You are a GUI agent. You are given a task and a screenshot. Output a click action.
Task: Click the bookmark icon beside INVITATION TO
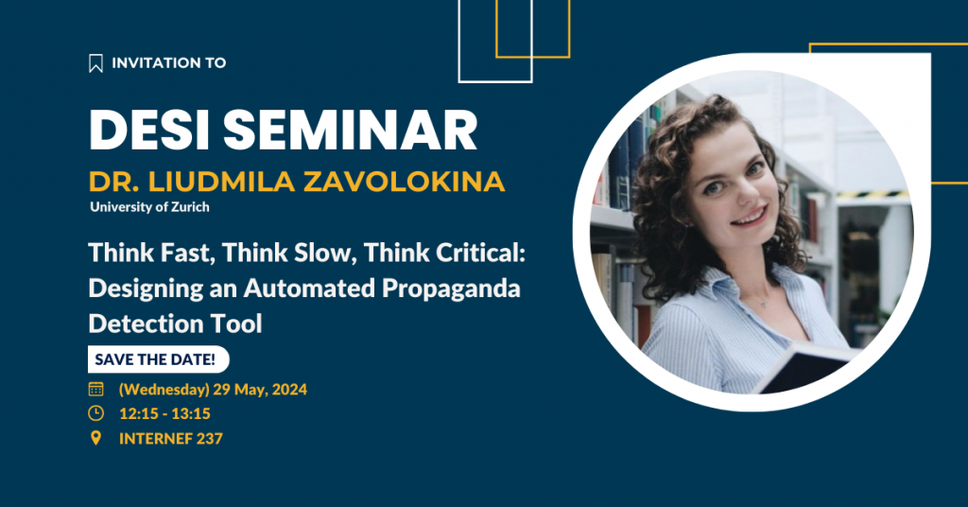(x=95, y=63)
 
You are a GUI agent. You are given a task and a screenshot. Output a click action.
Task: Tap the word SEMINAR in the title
(x=350, y=130)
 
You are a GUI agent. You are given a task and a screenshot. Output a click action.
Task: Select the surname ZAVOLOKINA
(x=404, y=182)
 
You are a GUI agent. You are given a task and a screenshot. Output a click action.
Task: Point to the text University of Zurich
(x=150, y=207)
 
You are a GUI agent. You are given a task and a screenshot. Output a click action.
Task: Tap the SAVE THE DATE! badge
(x=158, y=359)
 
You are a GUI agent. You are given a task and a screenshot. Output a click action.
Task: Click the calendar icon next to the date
(x=95, y=389)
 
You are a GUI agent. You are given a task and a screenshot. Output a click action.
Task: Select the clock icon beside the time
(x=95, y=413)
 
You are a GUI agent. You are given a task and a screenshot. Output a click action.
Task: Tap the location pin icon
(x=95, y=438)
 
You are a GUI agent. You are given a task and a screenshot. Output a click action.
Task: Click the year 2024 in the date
(x=289, y=390)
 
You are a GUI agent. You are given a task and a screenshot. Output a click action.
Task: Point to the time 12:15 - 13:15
(x=164, y=413)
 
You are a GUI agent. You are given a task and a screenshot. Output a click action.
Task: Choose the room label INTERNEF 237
(x=171, y=439)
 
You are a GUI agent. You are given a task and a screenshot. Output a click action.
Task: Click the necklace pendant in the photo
(x=764, y=304)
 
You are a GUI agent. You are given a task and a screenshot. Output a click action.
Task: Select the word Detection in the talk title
(x=145, y=323)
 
